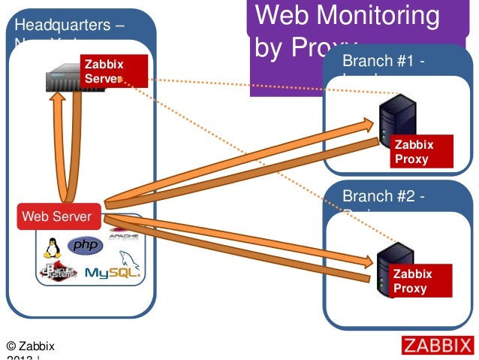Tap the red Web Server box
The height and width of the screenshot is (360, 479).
pyautogui.click(x=58, y=216)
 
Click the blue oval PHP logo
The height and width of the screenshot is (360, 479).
pyautogui.click(x=85, y=246)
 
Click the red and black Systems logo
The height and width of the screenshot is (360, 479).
pyautogui.click(x=58, y=272)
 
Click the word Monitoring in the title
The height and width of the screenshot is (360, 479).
pyautogui.click(x=375, y=16)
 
